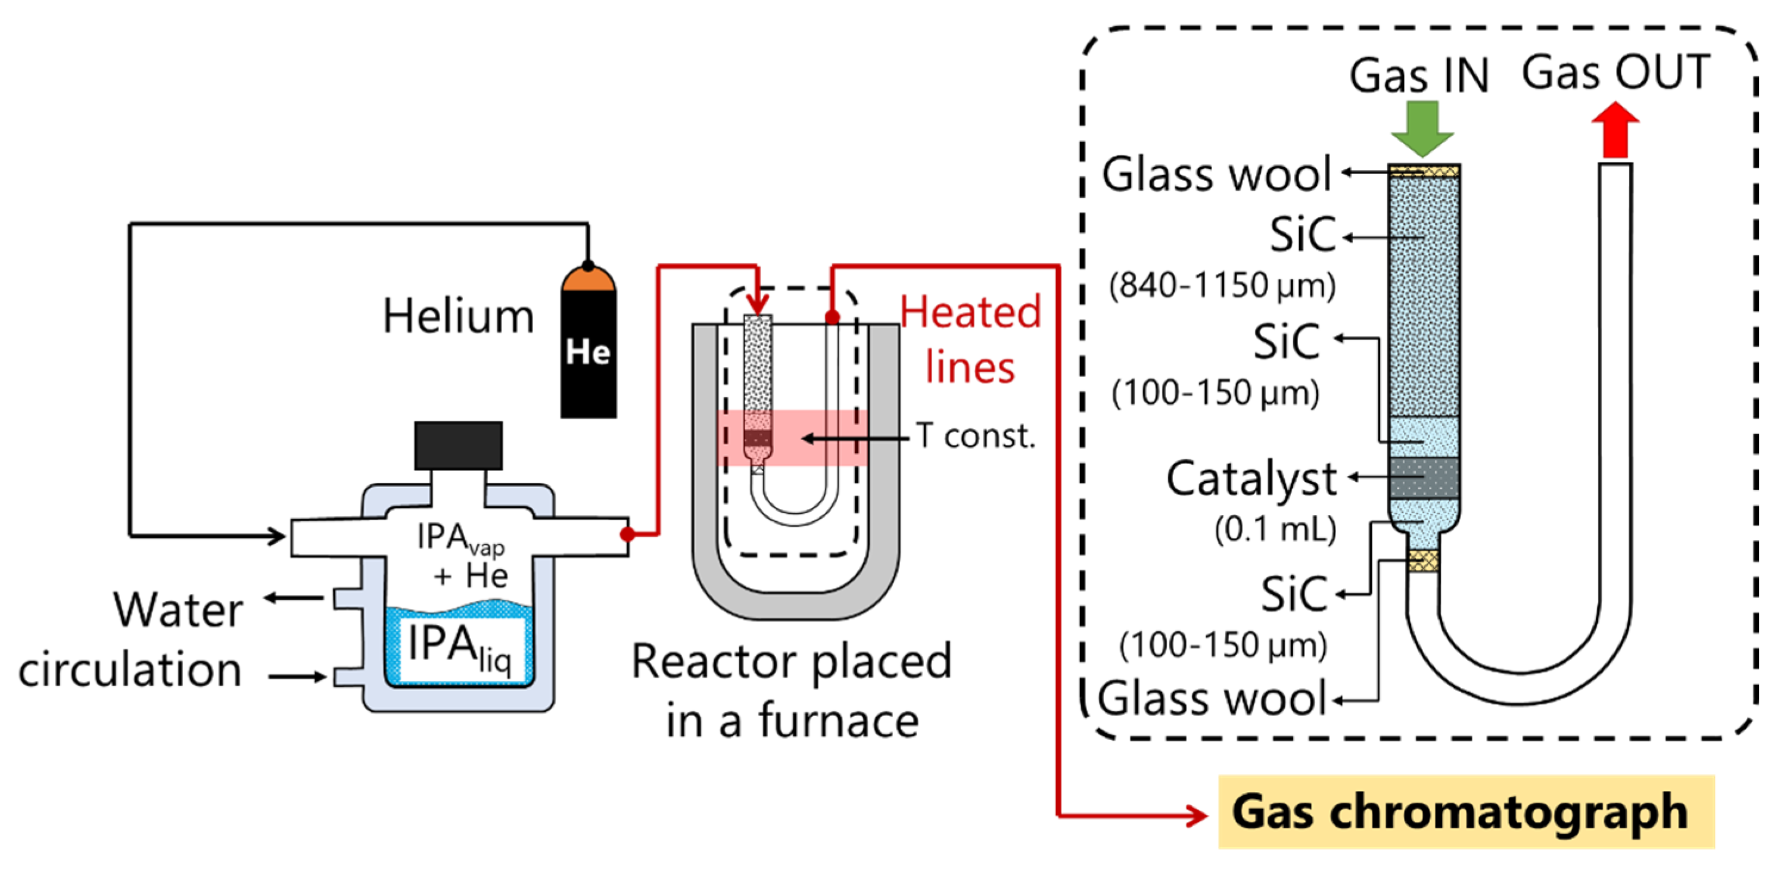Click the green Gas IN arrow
click(x=1422, y=128)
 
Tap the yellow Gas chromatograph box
click(x=1466, y=811)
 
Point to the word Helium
click(x=459, y=316)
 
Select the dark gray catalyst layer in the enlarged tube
click(x=1424, y=477)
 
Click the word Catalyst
click(x=1251, y=478)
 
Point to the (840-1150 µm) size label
click(x=1222, y=285)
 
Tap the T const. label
click(x=975, y=436)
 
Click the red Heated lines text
click(x=970, y=340)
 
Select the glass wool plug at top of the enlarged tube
click(x=1424, y=170)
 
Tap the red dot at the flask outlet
click(x=627, y=534)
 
